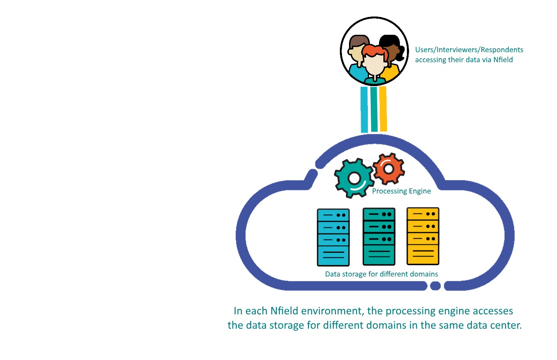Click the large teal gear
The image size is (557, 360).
pos(353,178)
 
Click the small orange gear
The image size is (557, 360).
pos(389,168)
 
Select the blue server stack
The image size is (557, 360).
pos(333,237)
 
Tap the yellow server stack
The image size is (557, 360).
pos(423,236)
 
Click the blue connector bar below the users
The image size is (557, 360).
pos(364,109)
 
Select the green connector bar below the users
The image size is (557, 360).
pos(374,109)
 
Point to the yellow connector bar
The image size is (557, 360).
pos(383,109)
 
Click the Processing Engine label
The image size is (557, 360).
pos(401,191)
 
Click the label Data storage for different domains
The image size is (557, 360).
pos(381,274)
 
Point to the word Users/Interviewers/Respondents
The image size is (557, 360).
pos(469,50)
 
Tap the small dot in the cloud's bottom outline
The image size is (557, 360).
pos(435,286)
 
